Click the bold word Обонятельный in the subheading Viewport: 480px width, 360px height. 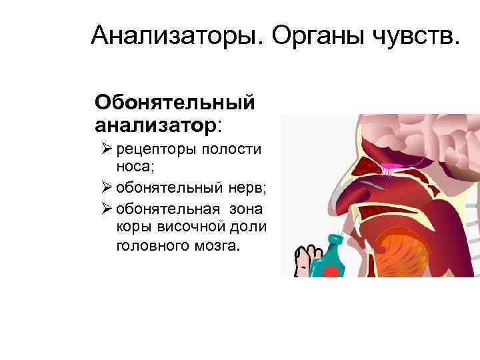tap(175, 103)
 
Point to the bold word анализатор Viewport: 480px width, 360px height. tap(156, 124)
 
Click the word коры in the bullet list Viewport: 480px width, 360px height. tap(132, 227)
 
